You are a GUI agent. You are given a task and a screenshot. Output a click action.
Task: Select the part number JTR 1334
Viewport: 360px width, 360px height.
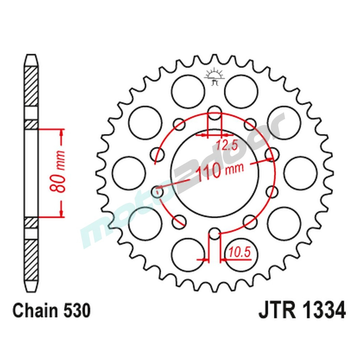pyautogui.click(x=302, y=311)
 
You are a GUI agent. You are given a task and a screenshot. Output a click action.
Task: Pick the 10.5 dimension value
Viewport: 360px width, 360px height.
pyautogui.click(x=239, y=253)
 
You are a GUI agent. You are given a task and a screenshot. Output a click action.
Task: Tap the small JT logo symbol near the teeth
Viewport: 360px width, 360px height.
pyautogui.click(x=215, y=76)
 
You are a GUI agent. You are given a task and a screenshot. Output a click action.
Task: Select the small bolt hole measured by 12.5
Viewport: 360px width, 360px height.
pyautogui.click(x=215, y=112)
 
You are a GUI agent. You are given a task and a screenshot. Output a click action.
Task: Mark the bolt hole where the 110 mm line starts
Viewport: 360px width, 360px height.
pyautogui.click(x=157, y=192)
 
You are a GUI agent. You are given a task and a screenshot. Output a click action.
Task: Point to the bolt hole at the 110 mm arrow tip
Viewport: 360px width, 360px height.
pyautogui.click(x=271, y=154)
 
